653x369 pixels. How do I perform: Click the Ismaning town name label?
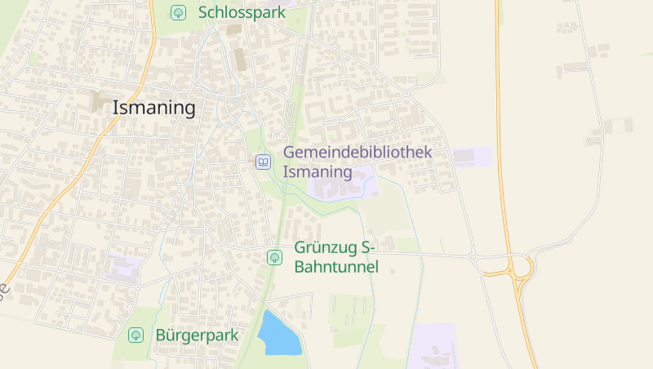tap(153, 107)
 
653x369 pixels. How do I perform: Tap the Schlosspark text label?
tap(242, 12)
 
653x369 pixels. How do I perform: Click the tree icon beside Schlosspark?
tap(178, 12)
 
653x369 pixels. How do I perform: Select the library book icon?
tap(263, 162)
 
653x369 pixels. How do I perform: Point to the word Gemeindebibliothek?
tap(357, 152)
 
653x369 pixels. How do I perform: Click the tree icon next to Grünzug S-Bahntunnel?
tap(274, 257)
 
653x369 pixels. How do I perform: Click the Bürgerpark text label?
tap(196, 335)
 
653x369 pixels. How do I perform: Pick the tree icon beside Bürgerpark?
tap(135, 335)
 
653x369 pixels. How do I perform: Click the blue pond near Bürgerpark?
tap(279, 335)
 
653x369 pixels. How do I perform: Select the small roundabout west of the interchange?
tap(472, 258)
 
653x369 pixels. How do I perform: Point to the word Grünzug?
tap(326, 247)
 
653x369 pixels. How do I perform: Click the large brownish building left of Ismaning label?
tap(99, 102)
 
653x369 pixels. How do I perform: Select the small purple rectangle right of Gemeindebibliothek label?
tap(473, 155)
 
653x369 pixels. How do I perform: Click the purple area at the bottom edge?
tap(433, 347)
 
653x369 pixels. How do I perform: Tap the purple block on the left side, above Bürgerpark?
tap(122, 268)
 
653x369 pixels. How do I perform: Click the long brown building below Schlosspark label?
tap(239, 57)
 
